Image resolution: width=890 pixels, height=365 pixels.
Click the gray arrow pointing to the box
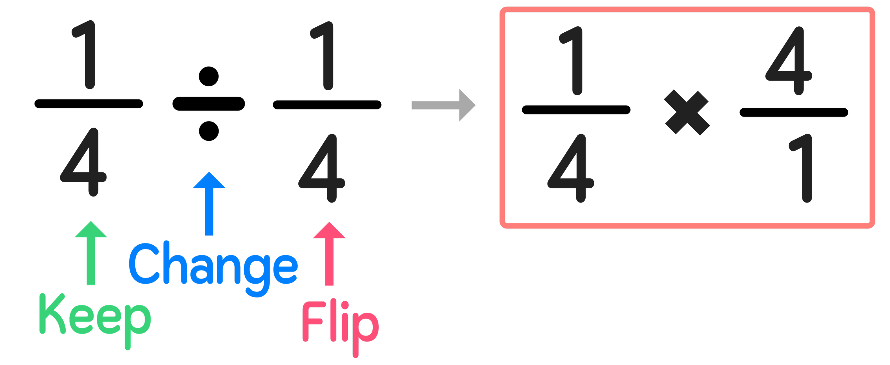(x=443, y=105)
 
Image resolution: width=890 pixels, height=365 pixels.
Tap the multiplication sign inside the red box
(x=687, y=113)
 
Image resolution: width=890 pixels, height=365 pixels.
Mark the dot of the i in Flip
(x=344, y=305)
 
